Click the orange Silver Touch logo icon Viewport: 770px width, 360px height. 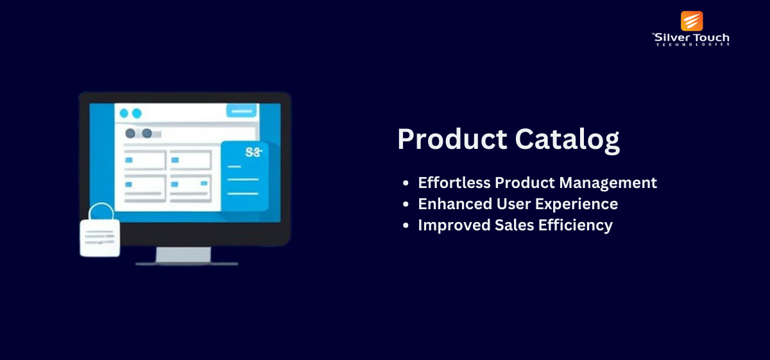click(x=692, y=21)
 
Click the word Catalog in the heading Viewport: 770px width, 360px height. click(x=567, y=141)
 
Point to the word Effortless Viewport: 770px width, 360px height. click(x=454, y=183)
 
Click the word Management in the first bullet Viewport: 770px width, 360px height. click(x=608, y=184)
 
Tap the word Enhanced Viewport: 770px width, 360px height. click(x=455, y=204)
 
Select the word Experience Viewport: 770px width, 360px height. click(x=576, y=205)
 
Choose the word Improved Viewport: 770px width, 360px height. click(x=454, y=225)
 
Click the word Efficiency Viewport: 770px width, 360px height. click(x=576, y=225)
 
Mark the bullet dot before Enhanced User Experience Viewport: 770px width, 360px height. click(x=406, y=204)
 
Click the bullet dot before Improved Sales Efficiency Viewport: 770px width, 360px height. click(x=406, y=225)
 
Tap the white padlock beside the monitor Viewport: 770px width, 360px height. click(x=100, y=238)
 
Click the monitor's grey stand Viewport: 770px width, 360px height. click(x=184, y=255)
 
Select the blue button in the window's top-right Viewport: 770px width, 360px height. click(x=241, y=111)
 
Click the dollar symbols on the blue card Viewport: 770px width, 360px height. click(x=253, y=152)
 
